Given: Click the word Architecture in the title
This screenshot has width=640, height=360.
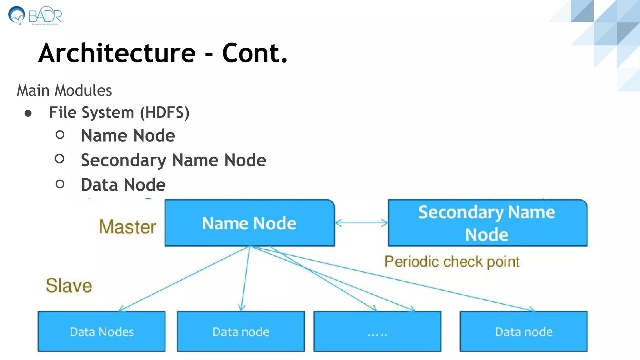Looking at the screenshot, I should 117,53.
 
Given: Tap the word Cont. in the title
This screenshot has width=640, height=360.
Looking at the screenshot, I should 254,53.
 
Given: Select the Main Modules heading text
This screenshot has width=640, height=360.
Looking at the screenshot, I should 64,91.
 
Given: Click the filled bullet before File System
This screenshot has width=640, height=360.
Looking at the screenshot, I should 28,113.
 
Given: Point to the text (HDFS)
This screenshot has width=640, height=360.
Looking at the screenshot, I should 164,112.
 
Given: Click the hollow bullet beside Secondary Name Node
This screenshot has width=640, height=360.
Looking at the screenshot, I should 59,159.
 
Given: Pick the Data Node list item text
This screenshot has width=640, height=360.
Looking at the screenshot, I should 123,185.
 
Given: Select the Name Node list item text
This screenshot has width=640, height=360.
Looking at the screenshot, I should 128,136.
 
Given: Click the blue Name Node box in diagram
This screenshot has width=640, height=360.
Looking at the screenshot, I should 249,223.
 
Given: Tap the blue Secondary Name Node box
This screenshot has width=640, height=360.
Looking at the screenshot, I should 487,223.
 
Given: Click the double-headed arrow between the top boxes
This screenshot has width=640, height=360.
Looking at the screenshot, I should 361,223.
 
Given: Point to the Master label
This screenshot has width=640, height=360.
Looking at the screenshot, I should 127,227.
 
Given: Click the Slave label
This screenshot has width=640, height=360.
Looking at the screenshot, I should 69,285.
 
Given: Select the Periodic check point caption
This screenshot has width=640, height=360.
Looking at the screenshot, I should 452,262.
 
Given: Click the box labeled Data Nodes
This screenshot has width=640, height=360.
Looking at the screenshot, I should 102,332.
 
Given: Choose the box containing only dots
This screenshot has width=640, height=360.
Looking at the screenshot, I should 377,332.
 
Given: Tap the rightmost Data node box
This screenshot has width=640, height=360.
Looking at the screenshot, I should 523,332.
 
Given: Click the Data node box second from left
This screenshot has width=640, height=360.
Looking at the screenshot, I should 241,332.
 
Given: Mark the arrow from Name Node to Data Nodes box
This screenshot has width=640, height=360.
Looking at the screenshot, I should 184,279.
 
